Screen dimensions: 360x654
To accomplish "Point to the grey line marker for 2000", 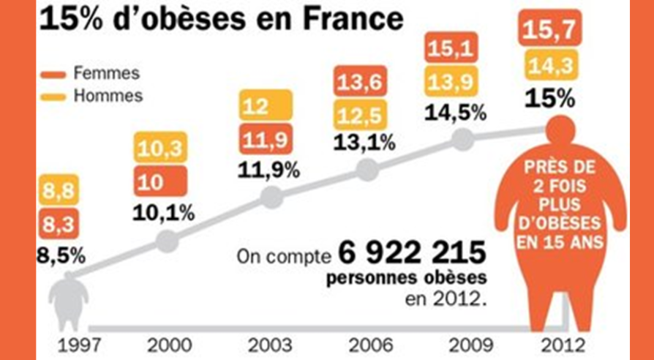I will pos(168,240).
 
